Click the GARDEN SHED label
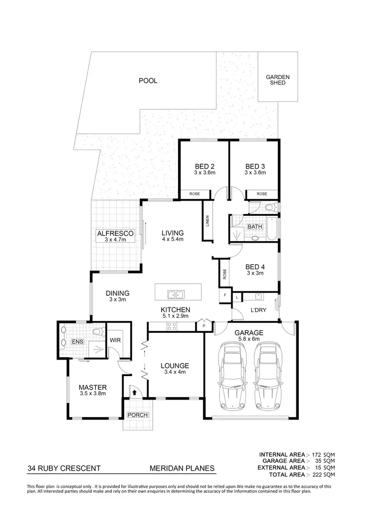(x=278, y=80)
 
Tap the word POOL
(x=148, y=81)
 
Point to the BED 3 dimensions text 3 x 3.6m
(x=255, y=172)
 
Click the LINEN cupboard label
(x=208, y=221)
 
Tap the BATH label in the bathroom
(x=255, y=227)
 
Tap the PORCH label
(x=137, y=415)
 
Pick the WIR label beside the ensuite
(x=115, y=340)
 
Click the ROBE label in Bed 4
(x=225, y=275)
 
